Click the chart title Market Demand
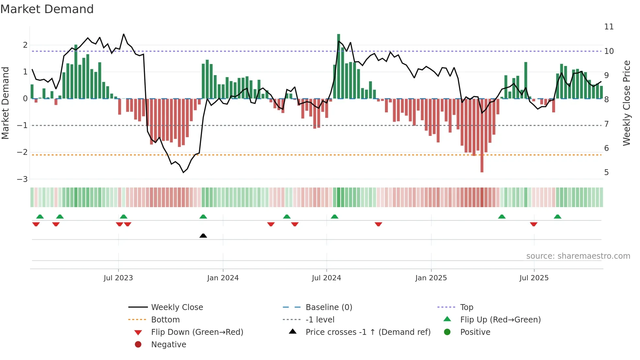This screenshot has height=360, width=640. click(47, 9)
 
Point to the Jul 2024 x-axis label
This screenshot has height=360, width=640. click(326, 278)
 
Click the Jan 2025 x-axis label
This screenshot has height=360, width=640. click(431, 278)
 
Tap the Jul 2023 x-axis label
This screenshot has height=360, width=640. click(118, 278)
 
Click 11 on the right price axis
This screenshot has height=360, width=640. click(609, 27)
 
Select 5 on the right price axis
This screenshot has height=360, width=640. click(606, 172)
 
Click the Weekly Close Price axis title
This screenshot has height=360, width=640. click(626, 103)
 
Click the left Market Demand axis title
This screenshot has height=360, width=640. click(6, 103)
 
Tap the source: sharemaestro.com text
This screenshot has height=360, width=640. click(578, 256)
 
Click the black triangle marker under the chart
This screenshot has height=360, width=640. click(203, 236)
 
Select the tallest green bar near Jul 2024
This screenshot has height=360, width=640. click(339, 65)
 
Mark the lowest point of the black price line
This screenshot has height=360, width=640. click(183, 172)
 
